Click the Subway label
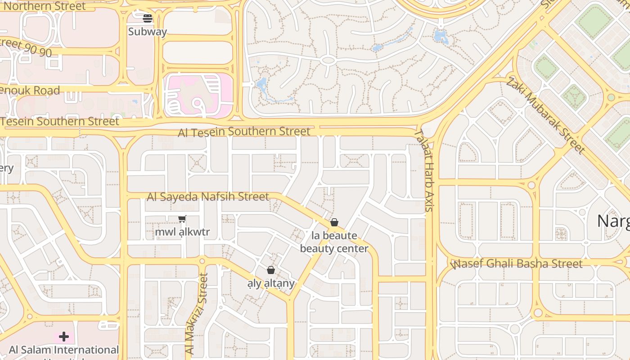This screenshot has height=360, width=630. click(147, 31)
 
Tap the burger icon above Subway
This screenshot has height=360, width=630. click(148, 18)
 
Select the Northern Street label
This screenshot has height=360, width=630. click(42, 6)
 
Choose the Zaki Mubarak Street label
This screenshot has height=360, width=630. click(545, 115)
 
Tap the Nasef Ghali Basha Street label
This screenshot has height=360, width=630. click(517, 264)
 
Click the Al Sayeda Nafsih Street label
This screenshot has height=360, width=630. click(208, 197)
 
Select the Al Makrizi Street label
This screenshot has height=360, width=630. click(196, 314)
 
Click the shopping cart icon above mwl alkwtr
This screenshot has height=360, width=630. click(182, 219)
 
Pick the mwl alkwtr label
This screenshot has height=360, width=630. click(182, 232)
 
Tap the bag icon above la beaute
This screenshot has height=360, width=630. click(334, 222)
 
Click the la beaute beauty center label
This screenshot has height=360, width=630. click(334, 242)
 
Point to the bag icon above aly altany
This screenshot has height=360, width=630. click(270, 270)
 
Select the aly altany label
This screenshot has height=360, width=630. click(271, 283)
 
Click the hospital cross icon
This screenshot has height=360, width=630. click(63, 337)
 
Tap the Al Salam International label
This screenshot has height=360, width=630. click(64, 350)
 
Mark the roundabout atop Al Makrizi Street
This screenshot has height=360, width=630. click(202, 261)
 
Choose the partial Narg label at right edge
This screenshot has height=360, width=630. click(613, 221)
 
